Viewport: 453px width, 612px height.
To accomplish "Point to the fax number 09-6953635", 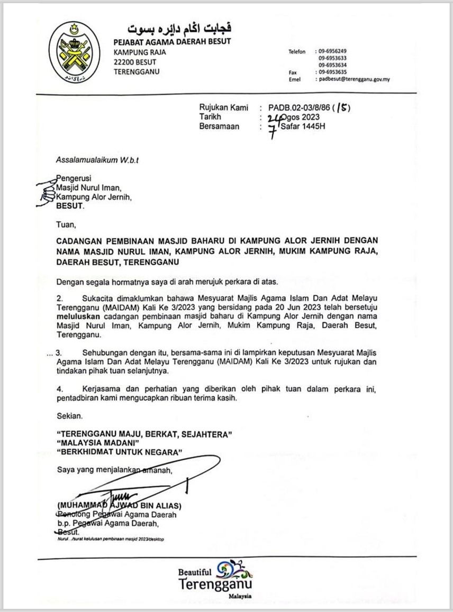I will pyautogui.click(x=332, y=72).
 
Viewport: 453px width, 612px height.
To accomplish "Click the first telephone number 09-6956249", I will pyautogui.click(x=332, y=51).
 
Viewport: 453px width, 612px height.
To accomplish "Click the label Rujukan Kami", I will pyautogui.click(x=223, y=108).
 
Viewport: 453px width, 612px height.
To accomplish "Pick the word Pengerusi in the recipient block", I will pyautogui.click(x=74, y=179).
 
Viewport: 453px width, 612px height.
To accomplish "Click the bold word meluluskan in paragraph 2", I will pyautogui.click(x=78, y=316).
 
